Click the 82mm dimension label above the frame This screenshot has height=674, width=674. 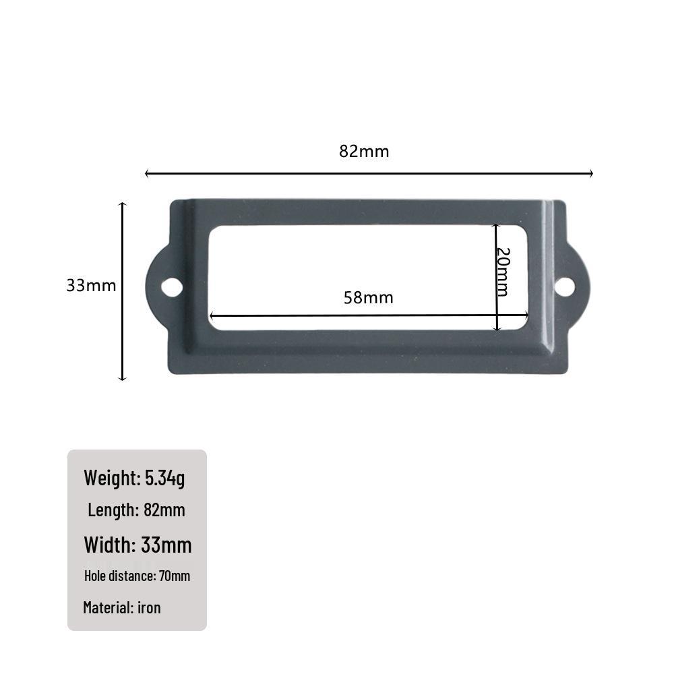(364, 151)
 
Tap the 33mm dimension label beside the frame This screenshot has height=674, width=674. (91, 285)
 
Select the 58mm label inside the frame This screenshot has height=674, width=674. (369, 297)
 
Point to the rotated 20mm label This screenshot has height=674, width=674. (503, 272)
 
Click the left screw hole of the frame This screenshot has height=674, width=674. (172, 288)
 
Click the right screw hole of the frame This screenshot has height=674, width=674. (564, 286)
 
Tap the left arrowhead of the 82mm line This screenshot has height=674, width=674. (147, 173)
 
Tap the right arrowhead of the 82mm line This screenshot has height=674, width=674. (591, 173)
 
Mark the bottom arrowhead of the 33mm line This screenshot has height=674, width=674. (123, 378)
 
